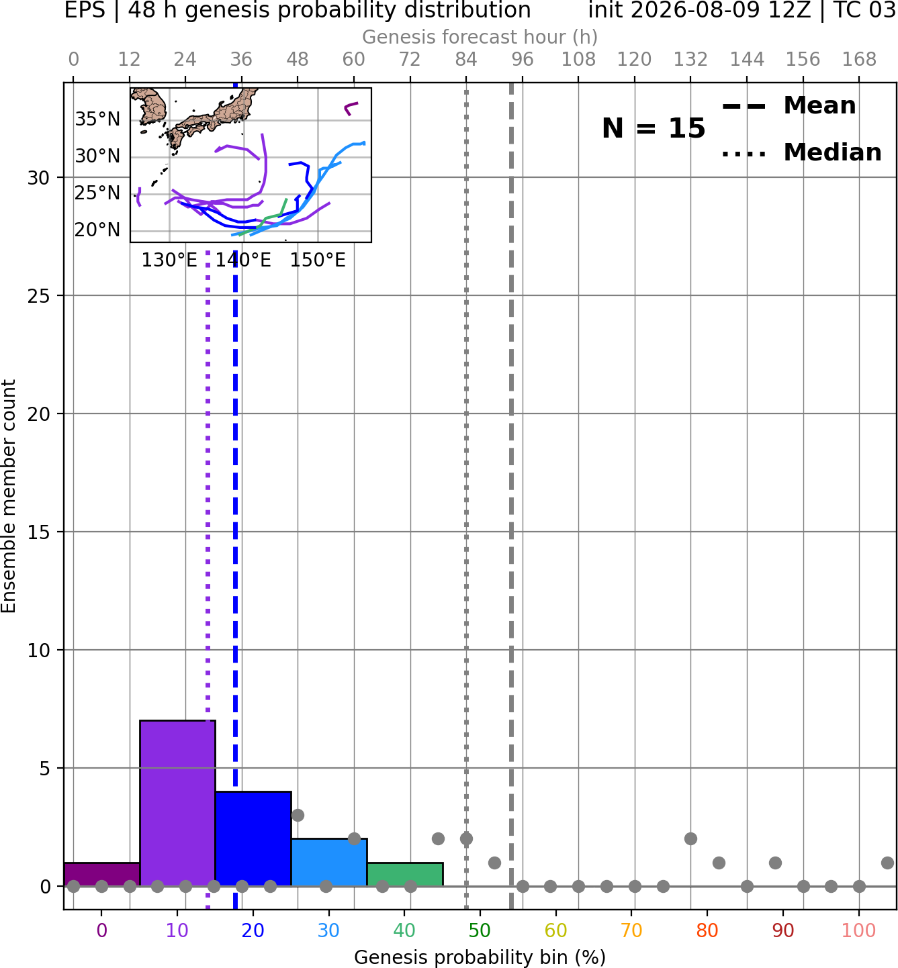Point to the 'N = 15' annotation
click(x=654, y=128)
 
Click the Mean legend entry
click(x=789, y=106)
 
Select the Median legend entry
click(x=802, y=152)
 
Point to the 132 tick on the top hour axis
click(x=690, y=60)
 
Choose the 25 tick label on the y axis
click(x=39, y=296)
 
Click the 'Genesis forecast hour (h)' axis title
click(x=480, y=37)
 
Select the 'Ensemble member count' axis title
click(x=9, y=496)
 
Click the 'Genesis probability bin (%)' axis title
click(x=480, y=957)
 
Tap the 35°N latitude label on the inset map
click(x=97, y=119)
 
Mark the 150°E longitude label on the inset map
click(x=318, y=260)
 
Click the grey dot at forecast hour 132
click(x=690, y=839)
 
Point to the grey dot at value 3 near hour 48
click(x=298, y=815)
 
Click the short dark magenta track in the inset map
click(x=350, y=108)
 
